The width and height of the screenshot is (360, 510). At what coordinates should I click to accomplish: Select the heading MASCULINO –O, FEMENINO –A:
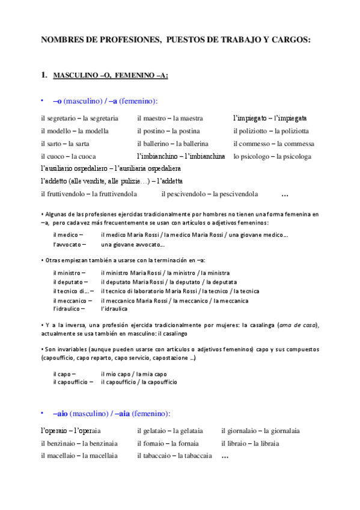click(111, 76)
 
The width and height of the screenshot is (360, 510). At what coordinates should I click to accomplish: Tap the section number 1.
click(43, 75)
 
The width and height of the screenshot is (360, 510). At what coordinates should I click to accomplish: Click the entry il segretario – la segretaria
click(79, 118)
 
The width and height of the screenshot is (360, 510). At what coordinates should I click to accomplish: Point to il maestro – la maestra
click(170, 118)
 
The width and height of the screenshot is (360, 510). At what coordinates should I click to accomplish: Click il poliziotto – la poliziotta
click(272, 131)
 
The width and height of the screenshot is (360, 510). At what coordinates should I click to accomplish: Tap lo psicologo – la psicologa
click(272, 156)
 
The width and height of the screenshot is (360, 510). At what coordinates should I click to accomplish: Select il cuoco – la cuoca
click(69, 156)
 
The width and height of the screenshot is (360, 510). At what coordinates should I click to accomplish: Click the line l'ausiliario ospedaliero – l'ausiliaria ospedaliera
click(111, 168)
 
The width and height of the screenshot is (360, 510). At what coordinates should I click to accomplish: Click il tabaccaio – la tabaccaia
click(174, 456)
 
